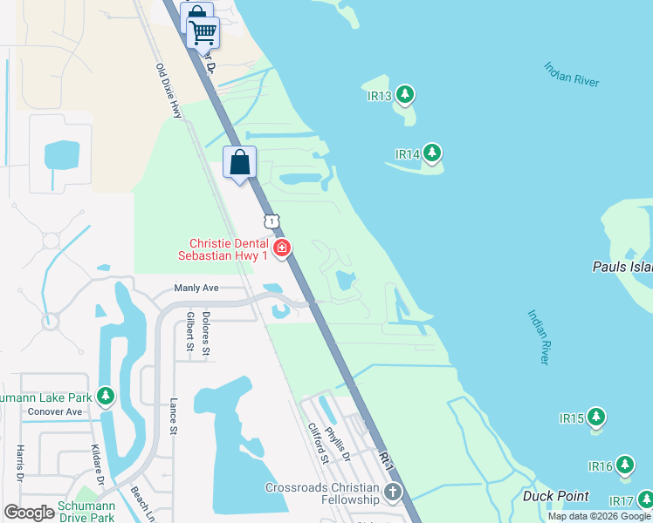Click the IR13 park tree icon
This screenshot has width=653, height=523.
tap(404, 94)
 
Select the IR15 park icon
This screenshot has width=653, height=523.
tap(596, 417)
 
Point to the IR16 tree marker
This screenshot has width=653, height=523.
tap(625, 465)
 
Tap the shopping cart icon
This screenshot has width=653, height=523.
tap(203, 33)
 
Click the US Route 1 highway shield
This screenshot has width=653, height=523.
tap(273, 222)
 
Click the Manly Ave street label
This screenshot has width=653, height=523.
tap(196, 288)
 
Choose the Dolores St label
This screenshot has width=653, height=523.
tap(206, 333)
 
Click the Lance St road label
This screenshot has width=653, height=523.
tap(173, 417)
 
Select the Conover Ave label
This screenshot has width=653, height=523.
tap(54, 411)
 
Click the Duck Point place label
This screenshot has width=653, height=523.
tap(555, 496)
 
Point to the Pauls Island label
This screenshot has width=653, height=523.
tap(622, 267)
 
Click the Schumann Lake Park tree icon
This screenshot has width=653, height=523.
tap(106, 397)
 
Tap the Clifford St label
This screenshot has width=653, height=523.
tap(318, 443)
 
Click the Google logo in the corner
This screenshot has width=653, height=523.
tap(30, 512)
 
